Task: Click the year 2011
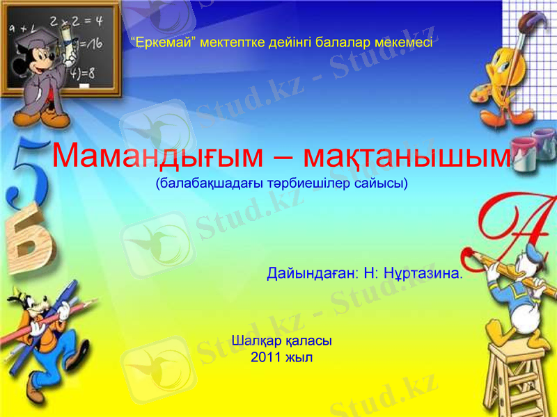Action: (265, 358)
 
